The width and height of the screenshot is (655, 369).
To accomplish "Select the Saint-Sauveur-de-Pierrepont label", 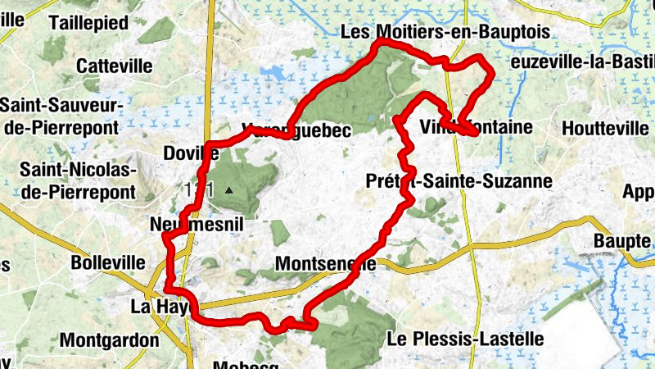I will pos(61,116).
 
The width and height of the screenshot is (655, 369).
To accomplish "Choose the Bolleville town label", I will pos(108,264).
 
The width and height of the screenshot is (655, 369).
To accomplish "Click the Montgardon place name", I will pos(110,339).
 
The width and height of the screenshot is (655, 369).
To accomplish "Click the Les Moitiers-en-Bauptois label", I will pos(443,33).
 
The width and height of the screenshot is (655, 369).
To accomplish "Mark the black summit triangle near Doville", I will pos(229,190).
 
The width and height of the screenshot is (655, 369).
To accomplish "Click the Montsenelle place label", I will pos(326,264).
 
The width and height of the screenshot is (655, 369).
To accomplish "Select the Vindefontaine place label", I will pos(475,127).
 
